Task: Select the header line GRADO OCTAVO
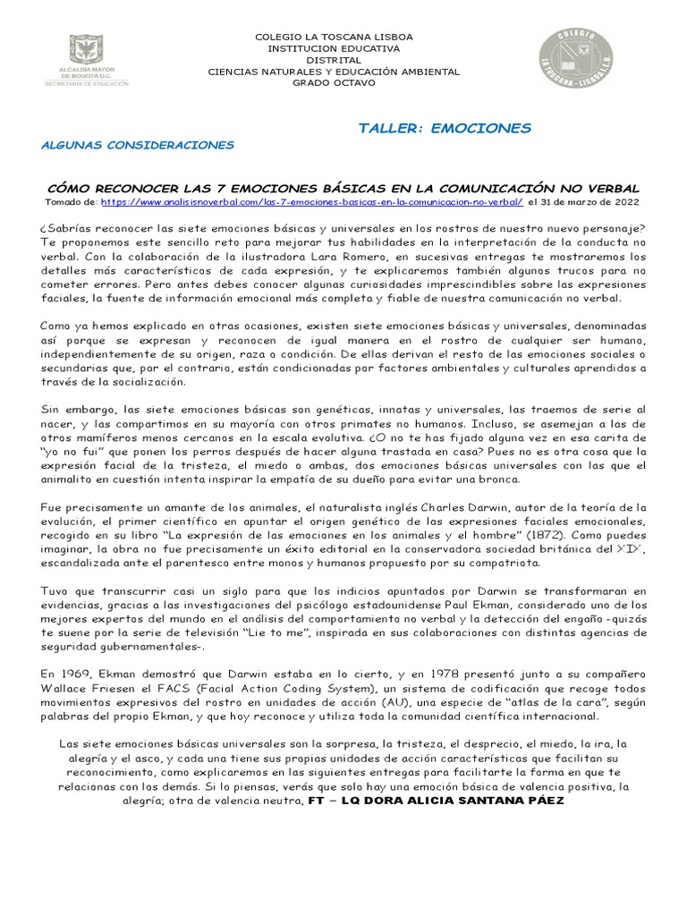pyautogui.click(x=335, y=82)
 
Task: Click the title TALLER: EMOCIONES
pyautogui.click(x=444, y=127)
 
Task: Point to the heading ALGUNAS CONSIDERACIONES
pyautogui.click(x=138, y=144)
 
